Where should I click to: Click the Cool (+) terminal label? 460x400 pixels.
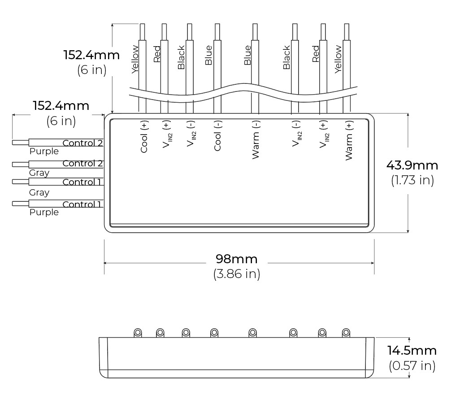(x=144, y=136)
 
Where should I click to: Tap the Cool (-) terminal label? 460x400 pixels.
(x=217, y=135)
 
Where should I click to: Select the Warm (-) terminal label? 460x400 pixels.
(x=256, y=139)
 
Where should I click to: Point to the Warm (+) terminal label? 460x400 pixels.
(x=349, y=139)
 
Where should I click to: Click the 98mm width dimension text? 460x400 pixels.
(x=237, y=259)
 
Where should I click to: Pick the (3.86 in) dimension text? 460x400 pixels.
(x=237, y=274)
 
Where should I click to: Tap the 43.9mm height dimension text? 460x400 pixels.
(x=412, y=165)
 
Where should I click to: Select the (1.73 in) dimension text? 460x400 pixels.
(x=412, y=180)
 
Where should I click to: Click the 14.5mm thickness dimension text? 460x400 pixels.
(x=412, y=350)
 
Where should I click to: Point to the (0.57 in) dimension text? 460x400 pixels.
(x=412, y=365)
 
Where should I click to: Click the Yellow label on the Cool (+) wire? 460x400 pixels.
(x=135, y=59)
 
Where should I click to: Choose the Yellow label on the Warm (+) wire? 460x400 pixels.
(x=338, y=59)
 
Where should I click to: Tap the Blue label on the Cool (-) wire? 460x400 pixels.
(x=208, y=56)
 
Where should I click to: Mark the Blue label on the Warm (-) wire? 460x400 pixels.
(x=247, y=56)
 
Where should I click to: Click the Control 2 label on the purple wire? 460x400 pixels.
(x=82, y=143)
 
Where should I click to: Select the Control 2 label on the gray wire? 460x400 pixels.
(x=82, y=163)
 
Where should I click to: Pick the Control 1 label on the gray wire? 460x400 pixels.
(x=82, y=182)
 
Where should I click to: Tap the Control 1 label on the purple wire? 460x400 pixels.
(x=82, y=204)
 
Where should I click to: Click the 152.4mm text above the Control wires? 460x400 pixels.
(x=61, y=106)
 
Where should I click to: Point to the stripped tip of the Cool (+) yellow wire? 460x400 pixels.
(x=142, y=31)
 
